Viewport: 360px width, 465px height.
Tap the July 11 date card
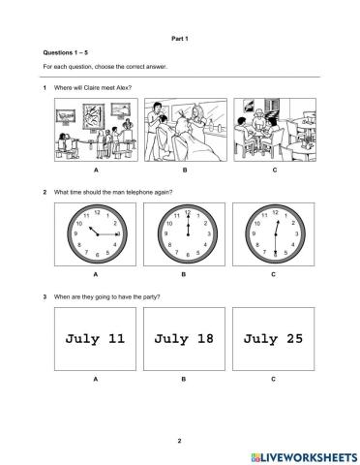96,340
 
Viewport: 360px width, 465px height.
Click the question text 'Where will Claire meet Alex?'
93,87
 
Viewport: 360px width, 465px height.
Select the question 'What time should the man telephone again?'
113,191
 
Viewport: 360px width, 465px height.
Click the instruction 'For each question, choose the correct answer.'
105,67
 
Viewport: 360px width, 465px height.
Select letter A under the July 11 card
96,380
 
